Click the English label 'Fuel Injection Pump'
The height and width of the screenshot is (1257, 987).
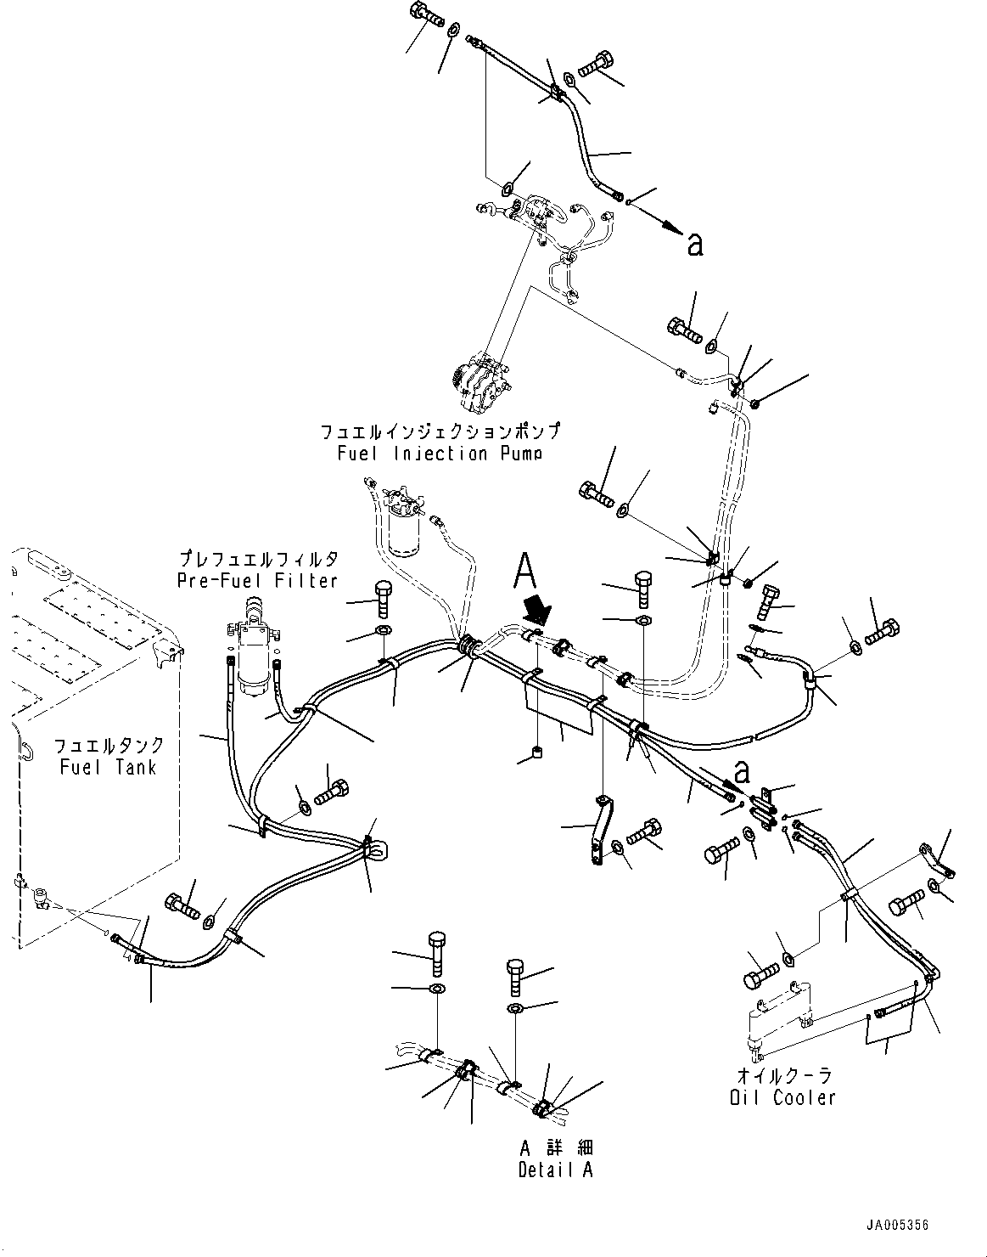440,453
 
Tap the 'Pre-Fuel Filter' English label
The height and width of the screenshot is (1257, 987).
257,580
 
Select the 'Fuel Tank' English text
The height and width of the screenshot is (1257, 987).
108,767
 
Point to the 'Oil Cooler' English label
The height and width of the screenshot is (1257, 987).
782,1097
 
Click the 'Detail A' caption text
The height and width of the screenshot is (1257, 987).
556,1170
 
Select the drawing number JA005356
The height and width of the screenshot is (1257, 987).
898,1226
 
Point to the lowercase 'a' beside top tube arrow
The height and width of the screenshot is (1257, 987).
695,245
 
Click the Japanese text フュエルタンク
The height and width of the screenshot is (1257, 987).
108,746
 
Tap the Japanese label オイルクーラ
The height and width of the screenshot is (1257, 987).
782,1075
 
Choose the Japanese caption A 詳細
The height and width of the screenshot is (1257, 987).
556,1147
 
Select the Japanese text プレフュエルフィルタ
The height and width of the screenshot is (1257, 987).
257,559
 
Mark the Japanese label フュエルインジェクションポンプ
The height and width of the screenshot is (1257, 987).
440,431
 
